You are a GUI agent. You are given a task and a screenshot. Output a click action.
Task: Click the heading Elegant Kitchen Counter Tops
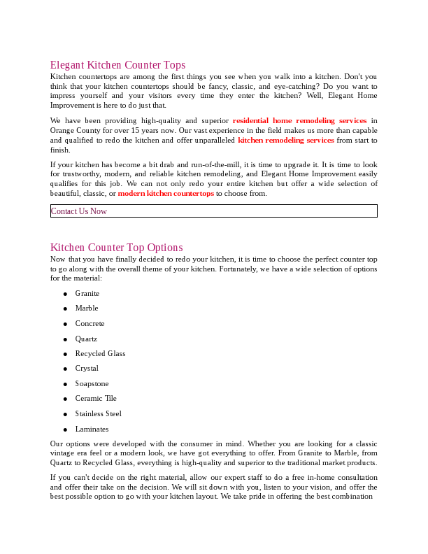(117, 65)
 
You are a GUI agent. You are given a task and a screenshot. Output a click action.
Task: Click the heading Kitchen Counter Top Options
(116, 248)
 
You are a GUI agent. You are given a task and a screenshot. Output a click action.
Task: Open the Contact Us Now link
(79, 211)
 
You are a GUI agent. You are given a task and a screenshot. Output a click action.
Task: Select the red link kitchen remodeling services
(285, 140)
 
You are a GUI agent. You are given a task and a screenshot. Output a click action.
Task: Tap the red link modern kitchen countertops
(166, 193)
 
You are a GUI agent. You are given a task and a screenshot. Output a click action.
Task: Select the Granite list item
(87, 293)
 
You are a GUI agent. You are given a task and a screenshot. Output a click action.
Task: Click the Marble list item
(87, 308)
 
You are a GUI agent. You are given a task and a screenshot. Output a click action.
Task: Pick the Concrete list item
(90, 324)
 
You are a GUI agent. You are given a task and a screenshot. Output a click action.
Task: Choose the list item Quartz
(86, 339)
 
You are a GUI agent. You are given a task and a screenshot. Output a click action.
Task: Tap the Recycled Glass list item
(100, 354)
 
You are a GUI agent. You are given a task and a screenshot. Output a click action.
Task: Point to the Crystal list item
(87, 369)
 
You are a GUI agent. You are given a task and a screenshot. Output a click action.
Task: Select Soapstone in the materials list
(92, 384)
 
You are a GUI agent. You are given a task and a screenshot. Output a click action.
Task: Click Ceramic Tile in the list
(96, 399)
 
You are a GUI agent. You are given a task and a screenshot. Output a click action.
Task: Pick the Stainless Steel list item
(98, 414)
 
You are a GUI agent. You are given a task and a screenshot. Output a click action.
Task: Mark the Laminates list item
(92, 429)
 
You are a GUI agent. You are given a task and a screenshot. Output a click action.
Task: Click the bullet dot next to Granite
(65, 294)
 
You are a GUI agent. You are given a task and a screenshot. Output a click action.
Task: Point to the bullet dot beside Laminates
(65, 430)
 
